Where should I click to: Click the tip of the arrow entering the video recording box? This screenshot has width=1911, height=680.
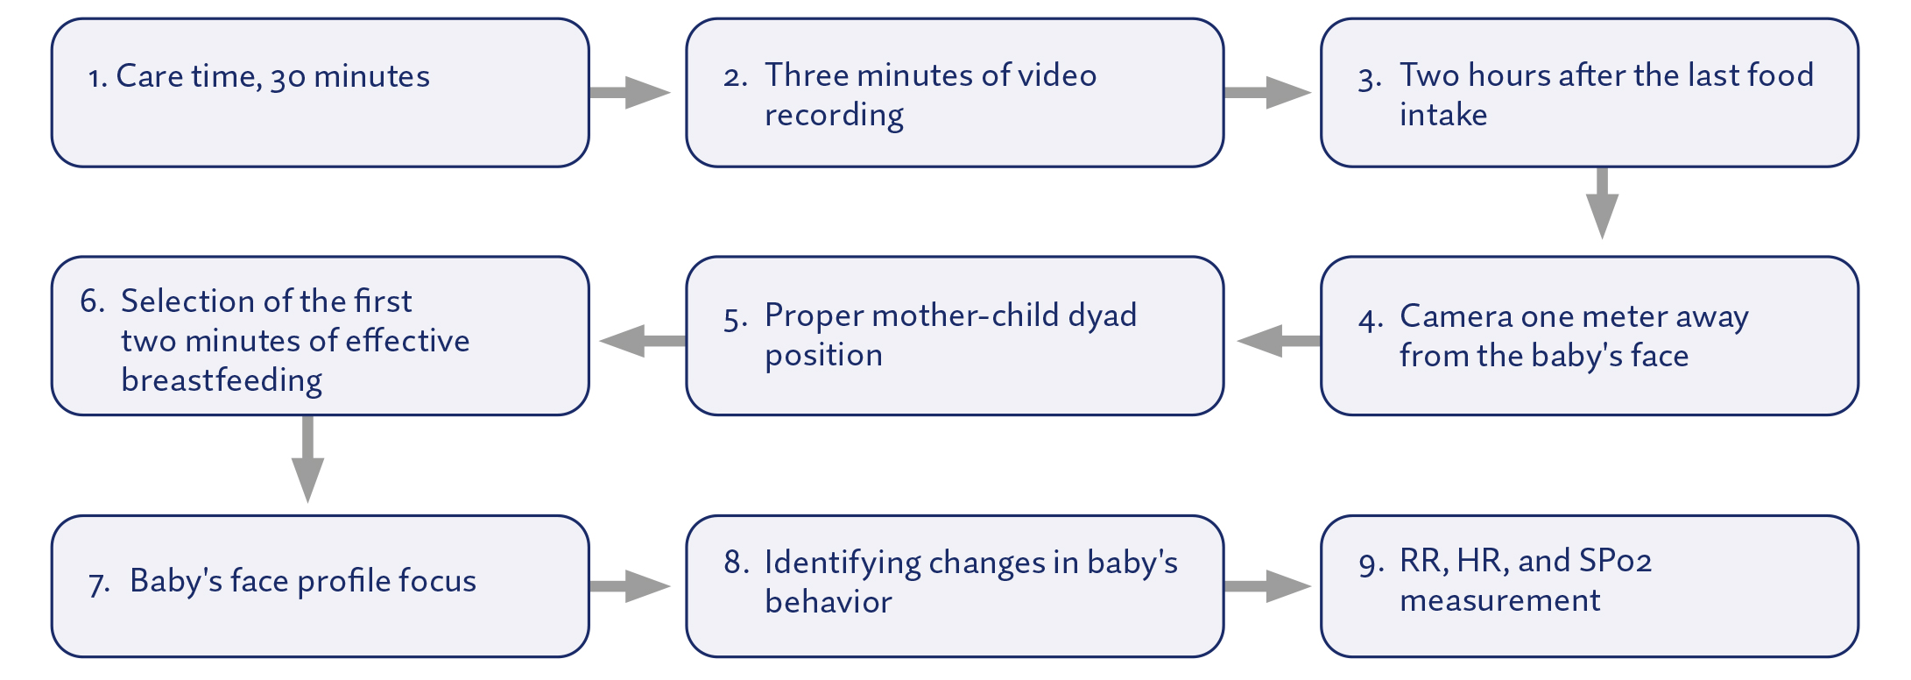click(x=670, y=92)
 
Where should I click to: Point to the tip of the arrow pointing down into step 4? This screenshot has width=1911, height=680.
click(x=1602, y=238)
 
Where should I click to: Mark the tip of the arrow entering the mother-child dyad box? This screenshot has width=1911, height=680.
click(x=1236, y=341)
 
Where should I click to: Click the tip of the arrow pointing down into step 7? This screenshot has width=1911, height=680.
click(x=307, y=502)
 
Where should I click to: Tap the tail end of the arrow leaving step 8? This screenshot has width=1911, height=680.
click(x=1224, y=586)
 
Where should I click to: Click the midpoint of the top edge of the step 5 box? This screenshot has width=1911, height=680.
click(x=955, y=257)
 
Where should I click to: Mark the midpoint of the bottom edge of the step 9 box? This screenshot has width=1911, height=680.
click(x=1590, y=656)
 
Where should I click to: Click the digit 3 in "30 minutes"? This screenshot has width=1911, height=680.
click(x=277, y=78)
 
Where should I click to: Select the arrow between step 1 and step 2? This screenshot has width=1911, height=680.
click(x=630, y=92)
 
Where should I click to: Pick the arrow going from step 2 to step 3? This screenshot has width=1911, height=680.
click(x=1267, y=92)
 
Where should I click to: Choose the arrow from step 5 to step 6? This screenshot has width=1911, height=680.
click(x=642, y=341)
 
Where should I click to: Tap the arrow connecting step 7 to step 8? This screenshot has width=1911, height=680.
click(x=630, y=586)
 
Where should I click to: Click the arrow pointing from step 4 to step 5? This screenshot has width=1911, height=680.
click(x=1279, y=341)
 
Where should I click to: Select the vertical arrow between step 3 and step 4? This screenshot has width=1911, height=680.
click(x=1602, y=203)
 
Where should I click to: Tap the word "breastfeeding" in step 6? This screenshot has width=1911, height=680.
click(x=222, y=380)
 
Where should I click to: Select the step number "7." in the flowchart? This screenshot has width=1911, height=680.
click(x=99, y=582)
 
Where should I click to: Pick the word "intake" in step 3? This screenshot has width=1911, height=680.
click(x=1443, y=115)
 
